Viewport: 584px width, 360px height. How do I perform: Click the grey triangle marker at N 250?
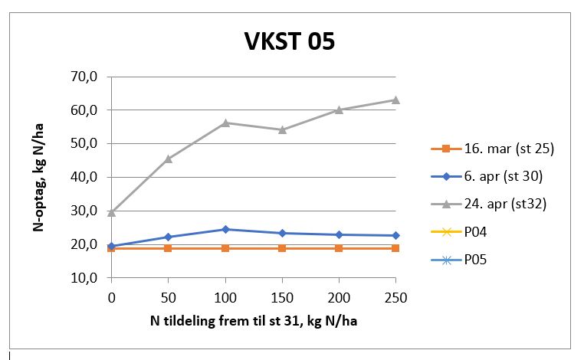[x=395, y=100]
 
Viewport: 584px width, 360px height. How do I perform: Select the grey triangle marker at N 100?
[x=225, y=123]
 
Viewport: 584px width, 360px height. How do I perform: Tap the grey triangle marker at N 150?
[x=282, y=129]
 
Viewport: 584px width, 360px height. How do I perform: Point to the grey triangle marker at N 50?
[x=169, y=159]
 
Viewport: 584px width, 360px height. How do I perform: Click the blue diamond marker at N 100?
[x=225, y=229]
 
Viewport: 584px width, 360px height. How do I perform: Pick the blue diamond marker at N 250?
[x=395, y=235]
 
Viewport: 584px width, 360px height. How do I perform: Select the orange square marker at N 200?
[x=339, y=248]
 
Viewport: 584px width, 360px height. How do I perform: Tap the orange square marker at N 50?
[x=169, y=248]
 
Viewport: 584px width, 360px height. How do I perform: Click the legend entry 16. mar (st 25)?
[x=509, y=149]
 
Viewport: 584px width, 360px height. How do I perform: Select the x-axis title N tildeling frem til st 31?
[x=254, y=321]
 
